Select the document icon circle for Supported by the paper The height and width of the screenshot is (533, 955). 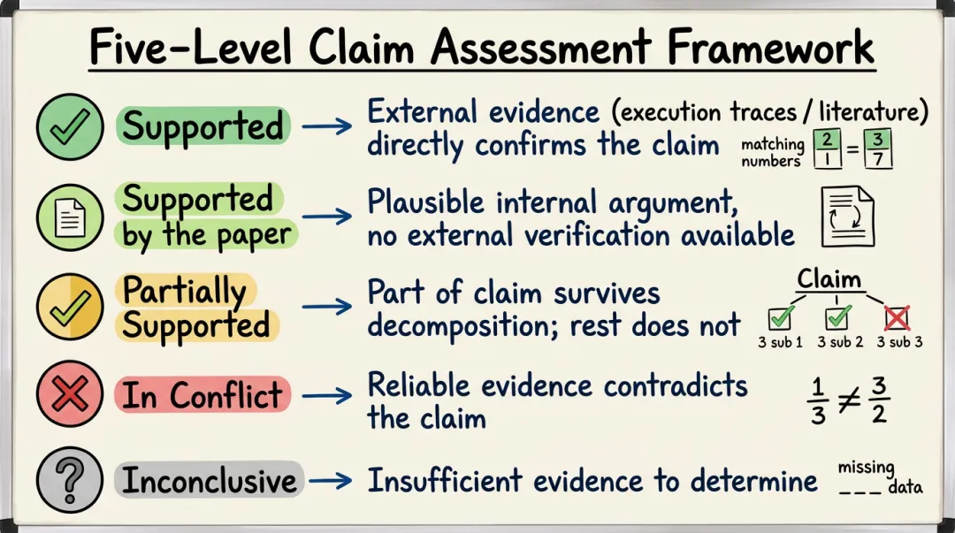69,217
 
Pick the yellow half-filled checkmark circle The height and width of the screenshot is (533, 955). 69,307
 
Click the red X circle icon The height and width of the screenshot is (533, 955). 69,395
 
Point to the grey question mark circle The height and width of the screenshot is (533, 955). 69,482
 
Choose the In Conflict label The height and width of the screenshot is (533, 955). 202,395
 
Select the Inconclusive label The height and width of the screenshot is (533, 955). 210,481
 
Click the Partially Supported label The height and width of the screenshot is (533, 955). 196,308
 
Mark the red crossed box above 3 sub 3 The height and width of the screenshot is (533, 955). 897,317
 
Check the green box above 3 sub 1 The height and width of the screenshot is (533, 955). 780,317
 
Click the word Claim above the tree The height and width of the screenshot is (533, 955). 829,279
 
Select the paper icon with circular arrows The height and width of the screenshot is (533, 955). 847,216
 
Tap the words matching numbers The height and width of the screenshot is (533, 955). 772,152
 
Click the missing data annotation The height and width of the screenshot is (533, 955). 879,477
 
